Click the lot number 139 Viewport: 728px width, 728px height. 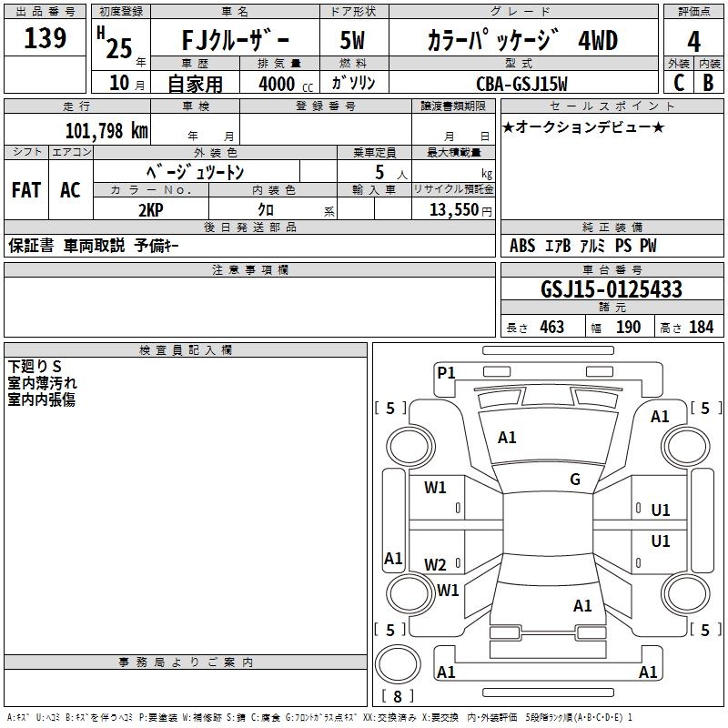[x=45, y=38]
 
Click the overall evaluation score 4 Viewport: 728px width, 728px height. [x=694, y=41]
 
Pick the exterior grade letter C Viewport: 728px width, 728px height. [x=678, y=82]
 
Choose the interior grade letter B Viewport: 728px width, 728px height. [x=708, y=82]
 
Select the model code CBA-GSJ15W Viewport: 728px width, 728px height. [x=521, y=84]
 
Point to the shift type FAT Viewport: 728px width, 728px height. [x=25, y=190]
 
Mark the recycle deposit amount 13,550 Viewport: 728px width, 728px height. [x=452, y=209]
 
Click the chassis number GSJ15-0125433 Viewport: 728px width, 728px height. [x=611, y=289]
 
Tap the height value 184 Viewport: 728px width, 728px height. [x=701, y=328]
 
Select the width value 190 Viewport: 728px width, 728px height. [x=628, y=328]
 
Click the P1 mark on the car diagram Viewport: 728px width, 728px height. [x=446, y=372]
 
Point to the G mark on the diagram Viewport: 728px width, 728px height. [x=575, y=480]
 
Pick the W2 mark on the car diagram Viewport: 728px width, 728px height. [x=436, y=564]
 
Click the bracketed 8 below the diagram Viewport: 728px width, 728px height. [x=397, y=697]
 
